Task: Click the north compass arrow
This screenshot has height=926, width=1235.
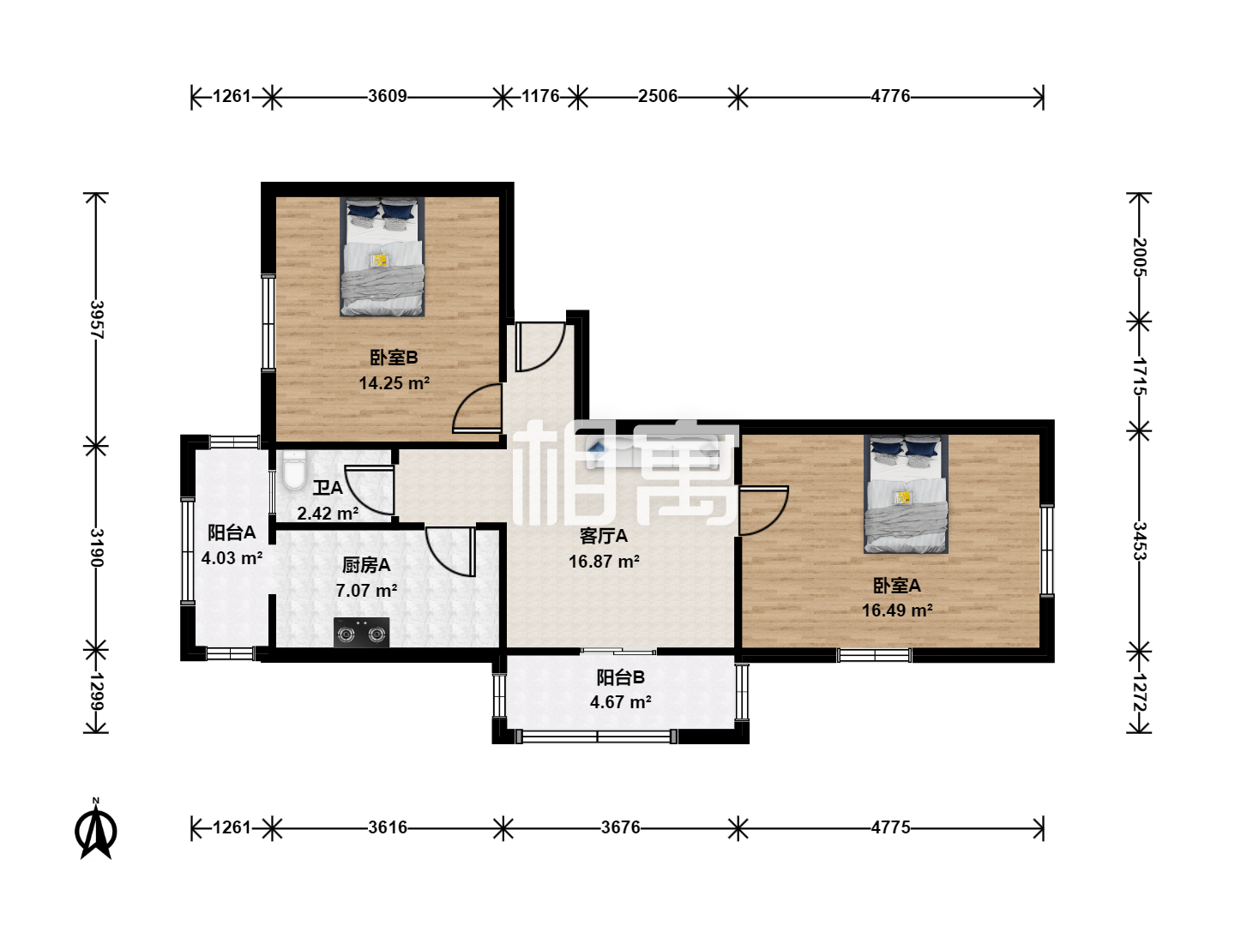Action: pos(96,830)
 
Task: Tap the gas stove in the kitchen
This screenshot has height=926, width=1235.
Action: pos(361,633)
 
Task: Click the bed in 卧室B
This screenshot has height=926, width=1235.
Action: pos(382,257)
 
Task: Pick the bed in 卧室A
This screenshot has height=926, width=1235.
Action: pos(906,494)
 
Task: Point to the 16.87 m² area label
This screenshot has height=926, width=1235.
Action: pos(604,561)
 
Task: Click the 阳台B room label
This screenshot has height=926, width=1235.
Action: pos(621,677)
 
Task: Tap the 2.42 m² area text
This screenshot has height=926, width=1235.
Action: pos(328,514)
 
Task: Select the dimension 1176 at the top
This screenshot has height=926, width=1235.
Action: pos(540,96)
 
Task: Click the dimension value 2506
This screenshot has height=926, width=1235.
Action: pos(658,96)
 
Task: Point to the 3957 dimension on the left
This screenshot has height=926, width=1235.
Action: pos(97,319)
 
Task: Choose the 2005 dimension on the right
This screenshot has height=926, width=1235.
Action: pos(1139,257)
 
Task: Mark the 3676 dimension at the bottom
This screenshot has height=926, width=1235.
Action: pos(621,827)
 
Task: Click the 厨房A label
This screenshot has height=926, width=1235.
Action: pos(366,565)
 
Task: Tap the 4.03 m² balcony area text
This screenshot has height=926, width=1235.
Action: pos(232,557)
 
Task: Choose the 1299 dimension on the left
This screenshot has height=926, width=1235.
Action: pos(97,692)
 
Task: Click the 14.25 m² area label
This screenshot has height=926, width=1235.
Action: pos(395,383)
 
